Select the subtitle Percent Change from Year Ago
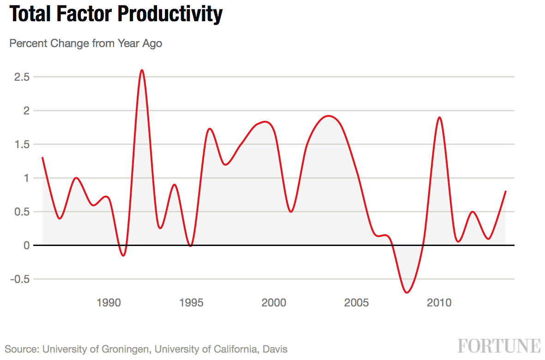pos(86,44)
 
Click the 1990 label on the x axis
pos(109,303)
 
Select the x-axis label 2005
pos(357,303)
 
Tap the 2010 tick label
pos(439,303)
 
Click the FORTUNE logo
pos(499,346)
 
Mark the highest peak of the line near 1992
pos(142,70)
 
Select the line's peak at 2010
pos(439,117)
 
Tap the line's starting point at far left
pos(42,158)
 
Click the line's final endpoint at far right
pos(505,192)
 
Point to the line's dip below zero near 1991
pos(123,255)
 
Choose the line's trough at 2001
pos(291,211)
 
